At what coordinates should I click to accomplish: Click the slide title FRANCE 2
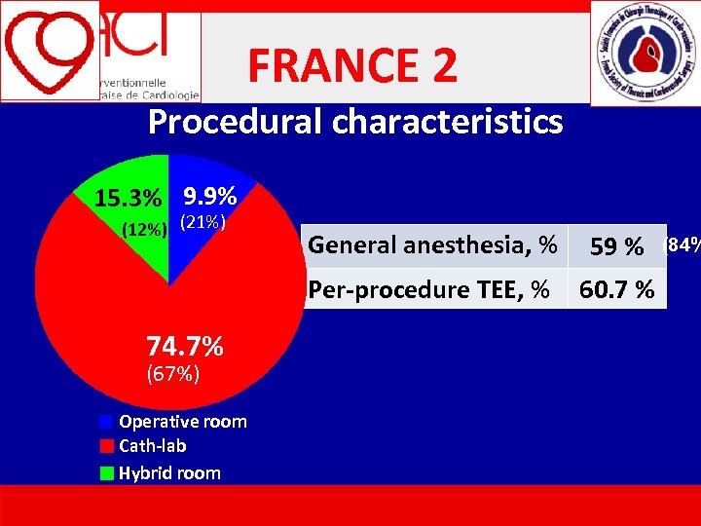coord(351,66)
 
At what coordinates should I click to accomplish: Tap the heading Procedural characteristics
coord(355,122)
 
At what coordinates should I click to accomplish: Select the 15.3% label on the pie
coord(128,199)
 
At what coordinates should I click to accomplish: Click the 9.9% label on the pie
coord(209,195)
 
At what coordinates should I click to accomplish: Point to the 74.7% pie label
coord(185,345)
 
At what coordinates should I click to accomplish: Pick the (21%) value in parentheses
coord(203,223)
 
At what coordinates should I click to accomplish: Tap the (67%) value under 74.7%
coord(172,372)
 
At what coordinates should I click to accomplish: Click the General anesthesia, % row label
coord(432,244)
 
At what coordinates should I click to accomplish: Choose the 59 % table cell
coord(616,247)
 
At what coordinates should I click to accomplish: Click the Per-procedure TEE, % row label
coord(429,289)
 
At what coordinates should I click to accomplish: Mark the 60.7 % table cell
coord(616,289)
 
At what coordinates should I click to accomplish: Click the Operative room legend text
coord(183,422)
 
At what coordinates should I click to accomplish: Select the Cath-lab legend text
coord(153,446)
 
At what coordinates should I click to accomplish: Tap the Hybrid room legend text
coord(169,473)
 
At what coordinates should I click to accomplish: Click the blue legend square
coord(106,422)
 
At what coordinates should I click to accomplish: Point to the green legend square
coord(106,473)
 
